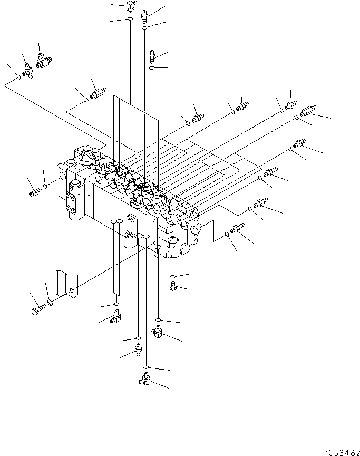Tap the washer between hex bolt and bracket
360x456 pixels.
pyautogui.click(x=50, y=302)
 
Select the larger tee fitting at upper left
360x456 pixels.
pyautogui.click(x=41, y=64)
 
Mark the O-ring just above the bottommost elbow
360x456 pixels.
pyautogui.click(x=147, y=367)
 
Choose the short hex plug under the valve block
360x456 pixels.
pyautogui.click(x=172, y=286)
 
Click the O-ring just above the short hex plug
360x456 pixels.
pyautogui.click(x=173, y=276)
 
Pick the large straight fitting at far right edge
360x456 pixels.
pyautogui.click(x=307, y=111)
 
